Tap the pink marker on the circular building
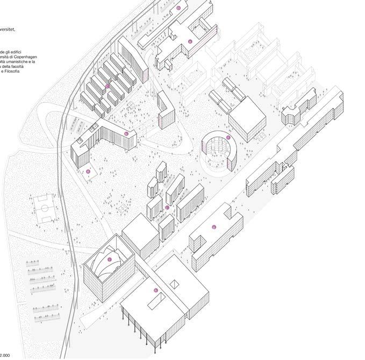(x=228, y=138)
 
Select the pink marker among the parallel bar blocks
(x=108, y=86)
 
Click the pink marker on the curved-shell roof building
(x=110, y=260)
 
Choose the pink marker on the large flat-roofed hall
(x=156, y=291)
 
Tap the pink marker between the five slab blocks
(x=167, y=207)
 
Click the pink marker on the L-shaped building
(x=126, y=133)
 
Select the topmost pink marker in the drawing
(x=178, y=8)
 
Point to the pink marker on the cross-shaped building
(x=189, y=41)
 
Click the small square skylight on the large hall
(x=174, y=284)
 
